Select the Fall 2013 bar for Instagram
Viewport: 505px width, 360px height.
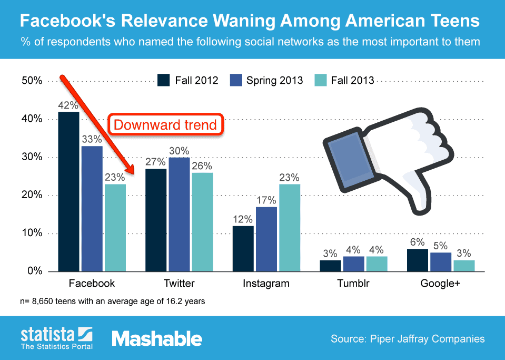[290, 228]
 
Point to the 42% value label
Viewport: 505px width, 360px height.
[68, 104]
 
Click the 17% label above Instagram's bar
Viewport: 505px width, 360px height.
[266, 200]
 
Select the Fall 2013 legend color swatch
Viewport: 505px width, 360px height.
[320, 80]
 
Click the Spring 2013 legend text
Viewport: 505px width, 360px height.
[275, 80]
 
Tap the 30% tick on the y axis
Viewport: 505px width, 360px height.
[32, 157]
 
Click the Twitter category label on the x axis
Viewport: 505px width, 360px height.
[179, 284]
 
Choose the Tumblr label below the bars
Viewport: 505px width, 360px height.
[353, 284]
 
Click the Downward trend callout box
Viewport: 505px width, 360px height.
[165, 125]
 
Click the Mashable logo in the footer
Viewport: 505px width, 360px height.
[156, 338]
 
